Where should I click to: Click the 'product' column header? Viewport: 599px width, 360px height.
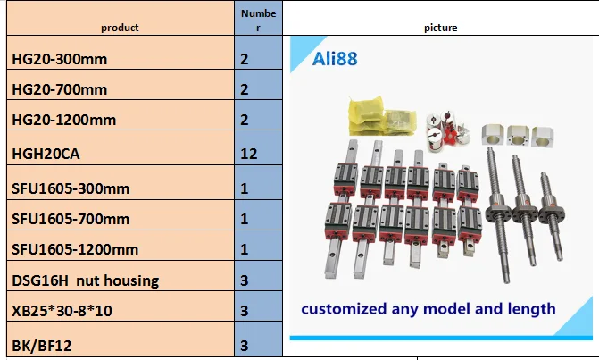coord(120,28)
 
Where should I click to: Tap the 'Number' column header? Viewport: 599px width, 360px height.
coord(258,21)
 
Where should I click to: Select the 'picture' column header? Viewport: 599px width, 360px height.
coord(440,28)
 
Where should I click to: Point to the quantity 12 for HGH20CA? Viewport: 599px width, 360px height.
coord(249,154)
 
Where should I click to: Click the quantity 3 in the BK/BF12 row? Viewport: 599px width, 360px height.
coord(245,346)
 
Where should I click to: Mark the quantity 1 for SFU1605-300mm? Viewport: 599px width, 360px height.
coord(245,188)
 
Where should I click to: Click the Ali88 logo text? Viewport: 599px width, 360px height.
coord(335,59)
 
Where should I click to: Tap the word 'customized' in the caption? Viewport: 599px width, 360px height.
coord(344,309)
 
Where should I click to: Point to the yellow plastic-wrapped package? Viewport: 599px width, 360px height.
coord(381,116)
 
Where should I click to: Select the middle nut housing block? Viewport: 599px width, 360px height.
coord(518,135)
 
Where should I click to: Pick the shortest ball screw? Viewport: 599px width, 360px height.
coord(553,216)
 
